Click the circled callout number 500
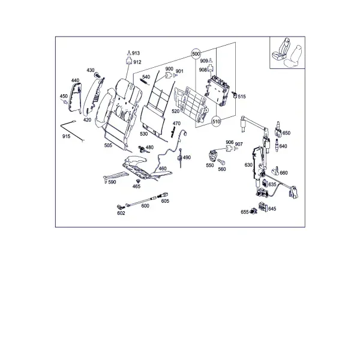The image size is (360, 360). click(x=196, y=54)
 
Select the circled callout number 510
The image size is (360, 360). click(x=216, y=121)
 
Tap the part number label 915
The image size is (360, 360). click(x=66, y=136)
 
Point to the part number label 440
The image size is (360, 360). click(x=75, y=80)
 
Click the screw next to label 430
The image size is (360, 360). click(x=98, y=75)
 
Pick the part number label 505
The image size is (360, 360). click(x=108, y=145)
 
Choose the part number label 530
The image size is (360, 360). click(x=144, y=134)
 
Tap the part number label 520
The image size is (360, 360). click(x=175, y=112)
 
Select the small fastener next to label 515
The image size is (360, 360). click(x=235, y=95)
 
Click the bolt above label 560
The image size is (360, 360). click(x=221, y=162)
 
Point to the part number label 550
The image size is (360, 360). click(x=210, y=166)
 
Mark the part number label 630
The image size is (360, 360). click(x=248, y=165)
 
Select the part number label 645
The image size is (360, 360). click(x=272, y=209)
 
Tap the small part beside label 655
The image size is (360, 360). click(x=253, y=211)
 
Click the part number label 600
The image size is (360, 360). click(x=145, y=206)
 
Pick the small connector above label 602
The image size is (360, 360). click(x=121, y=207)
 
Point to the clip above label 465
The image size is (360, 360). click(x=138, y=181)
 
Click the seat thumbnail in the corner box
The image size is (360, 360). click(x=287, y=53)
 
